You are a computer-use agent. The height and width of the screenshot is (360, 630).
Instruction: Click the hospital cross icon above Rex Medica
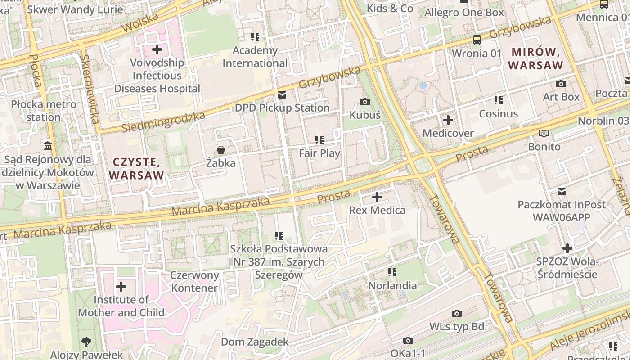click(x=377, y=197)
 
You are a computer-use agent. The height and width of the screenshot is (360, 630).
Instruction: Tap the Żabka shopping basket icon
click(x=221, y=150)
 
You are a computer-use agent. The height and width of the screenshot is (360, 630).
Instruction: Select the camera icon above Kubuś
click(x=365, y=102)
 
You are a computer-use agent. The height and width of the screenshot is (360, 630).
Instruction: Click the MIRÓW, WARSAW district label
click(x=535, y=59)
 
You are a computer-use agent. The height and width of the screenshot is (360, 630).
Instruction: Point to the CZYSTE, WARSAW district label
click(x=136, y=168)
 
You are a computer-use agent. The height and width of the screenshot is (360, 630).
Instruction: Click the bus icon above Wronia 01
click(x=477, y=40)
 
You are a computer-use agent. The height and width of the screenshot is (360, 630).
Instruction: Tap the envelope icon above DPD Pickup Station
click(x=282, y=95)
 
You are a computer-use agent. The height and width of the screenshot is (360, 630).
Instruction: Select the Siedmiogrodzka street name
click(x=163, y=122)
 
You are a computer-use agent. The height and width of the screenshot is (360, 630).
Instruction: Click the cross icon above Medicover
click(x=448, y=120)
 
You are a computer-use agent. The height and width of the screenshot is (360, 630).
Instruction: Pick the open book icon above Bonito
click(x=544, y=134)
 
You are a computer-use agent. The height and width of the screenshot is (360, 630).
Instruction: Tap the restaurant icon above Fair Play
click(x=319, y=140)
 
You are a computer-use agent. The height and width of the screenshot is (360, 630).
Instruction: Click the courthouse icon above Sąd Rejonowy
click(x=48, y=146)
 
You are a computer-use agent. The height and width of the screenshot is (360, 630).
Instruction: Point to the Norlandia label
click(x=392, y=285)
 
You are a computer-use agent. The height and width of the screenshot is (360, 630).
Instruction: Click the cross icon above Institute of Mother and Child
click(x=121, y=286)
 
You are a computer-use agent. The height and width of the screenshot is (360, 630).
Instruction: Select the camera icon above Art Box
click(x=561, y=84)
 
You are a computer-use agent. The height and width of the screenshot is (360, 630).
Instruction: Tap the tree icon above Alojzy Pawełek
click(x=86, y=342)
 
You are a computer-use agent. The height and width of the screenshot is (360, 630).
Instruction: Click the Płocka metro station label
click(x=44, y=111)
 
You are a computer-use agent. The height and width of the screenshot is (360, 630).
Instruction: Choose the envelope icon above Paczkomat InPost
click(x=561, y=192)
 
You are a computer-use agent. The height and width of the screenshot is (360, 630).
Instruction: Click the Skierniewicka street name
click(x=90, y=90)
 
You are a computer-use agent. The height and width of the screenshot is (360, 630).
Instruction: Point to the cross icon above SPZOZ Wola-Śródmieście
click(x=567, y=248)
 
